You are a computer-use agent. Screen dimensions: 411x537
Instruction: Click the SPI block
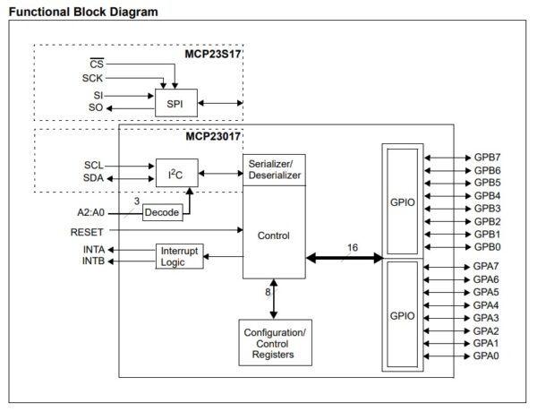point(175,104)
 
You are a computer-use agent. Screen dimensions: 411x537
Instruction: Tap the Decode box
point(162,212)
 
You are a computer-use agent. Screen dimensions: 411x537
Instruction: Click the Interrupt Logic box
point(178,256)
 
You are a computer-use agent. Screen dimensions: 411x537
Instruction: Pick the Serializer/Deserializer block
point(274,170)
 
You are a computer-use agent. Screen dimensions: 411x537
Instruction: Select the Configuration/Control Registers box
point(275,343)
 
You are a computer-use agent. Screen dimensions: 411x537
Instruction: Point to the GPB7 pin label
point(487,157)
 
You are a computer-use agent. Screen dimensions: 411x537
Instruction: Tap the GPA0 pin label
point(487,355)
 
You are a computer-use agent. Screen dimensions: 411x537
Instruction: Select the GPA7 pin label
point(487,267)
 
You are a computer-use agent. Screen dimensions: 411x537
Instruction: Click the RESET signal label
point(88,231)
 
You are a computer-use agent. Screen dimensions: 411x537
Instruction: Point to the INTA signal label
point(94,250)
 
